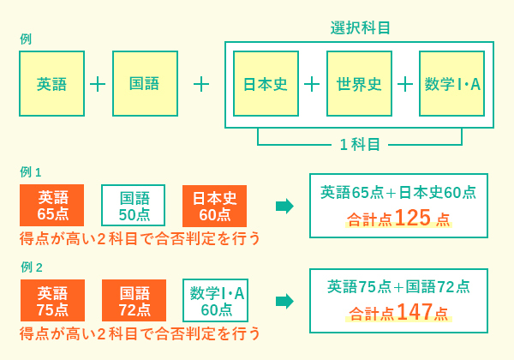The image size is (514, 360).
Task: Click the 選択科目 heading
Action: [360, 27]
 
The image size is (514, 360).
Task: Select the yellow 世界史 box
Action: [359, 84]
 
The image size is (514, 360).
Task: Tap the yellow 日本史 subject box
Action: [266, 84]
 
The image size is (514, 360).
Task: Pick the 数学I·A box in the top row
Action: [452, 84]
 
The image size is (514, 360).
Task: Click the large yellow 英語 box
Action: [51, 84]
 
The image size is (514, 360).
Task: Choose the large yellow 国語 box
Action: [146, 84]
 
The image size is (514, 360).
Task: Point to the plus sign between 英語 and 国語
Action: [98, 85]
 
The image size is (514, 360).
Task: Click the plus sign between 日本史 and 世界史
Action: [312, 85]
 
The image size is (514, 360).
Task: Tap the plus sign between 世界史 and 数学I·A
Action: [405, 85]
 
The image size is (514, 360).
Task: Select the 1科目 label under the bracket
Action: [360, 144]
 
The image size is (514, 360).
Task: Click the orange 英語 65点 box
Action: [51, 205]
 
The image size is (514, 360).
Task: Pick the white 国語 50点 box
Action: [133, 205]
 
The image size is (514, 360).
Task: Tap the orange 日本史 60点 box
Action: [214, 206]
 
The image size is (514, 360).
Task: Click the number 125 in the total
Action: [413, 218]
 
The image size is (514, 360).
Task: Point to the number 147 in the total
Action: [415, 312]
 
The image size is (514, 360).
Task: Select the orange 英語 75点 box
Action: [52, 300]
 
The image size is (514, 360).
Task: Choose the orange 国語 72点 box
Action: [134, 300]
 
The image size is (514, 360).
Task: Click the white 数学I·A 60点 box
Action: [215, 300]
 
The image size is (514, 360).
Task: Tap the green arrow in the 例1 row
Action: [284, 207]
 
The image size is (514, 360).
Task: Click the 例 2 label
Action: [32, 267]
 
